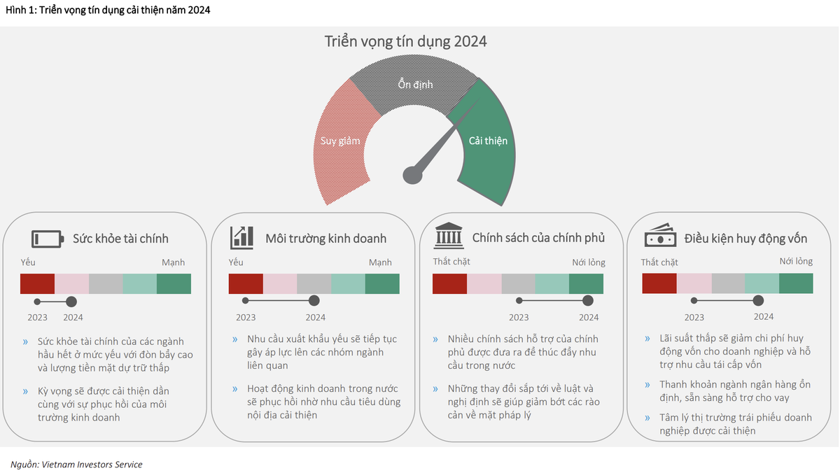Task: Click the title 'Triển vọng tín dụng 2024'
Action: [405, 41]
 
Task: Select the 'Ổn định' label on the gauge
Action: [416, 85]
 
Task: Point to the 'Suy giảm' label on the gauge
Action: [339, 141]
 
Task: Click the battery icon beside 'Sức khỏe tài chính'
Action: [48, 239]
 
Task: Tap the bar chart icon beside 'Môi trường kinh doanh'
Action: [241, 238]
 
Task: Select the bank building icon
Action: [449, 237]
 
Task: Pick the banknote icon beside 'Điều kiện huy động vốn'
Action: [660, 237]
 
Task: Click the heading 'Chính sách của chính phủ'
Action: [538, 238]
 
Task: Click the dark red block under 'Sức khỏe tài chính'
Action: [37, 284]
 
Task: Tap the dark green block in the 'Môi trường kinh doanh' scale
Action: [382, 284]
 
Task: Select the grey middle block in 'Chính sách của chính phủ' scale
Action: [518, 284]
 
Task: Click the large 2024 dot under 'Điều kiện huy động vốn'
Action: [758, 300]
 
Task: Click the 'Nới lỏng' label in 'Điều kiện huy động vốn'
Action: [796, 262]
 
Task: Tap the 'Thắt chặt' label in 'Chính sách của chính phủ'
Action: [451, 262]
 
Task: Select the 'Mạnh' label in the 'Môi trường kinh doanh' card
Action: [380, 262]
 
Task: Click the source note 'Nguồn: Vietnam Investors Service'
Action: [76, 465]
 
